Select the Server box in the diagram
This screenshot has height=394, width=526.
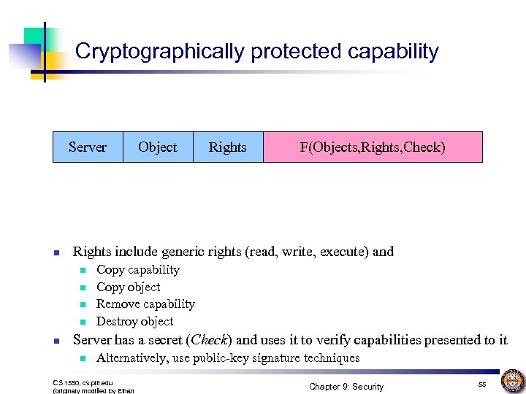88,147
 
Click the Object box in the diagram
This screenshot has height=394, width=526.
158,147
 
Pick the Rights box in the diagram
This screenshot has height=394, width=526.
228,147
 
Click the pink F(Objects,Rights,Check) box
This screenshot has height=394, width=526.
373,147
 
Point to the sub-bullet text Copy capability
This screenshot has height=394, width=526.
138,270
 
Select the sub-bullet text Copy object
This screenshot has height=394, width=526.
129,287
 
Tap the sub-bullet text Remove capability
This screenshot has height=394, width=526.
146,304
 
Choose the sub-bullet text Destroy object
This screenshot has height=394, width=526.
135,321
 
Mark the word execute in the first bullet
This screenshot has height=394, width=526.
343,252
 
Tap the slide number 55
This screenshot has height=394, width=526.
482,384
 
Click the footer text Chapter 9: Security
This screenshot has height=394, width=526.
346,386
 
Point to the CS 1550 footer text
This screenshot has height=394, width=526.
83,382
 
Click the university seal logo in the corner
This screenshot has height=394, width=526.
511,381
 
